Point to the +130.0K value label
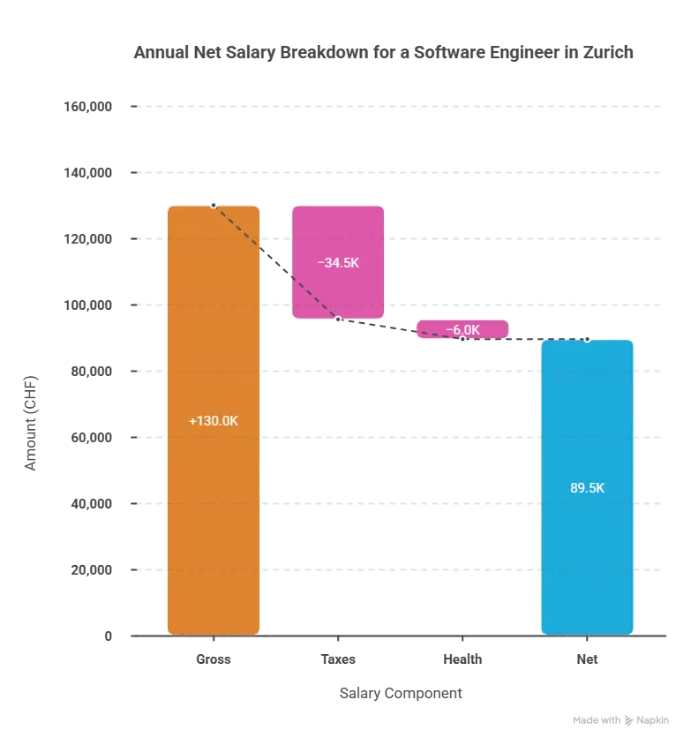coord(214,421)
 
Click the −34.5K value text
coord(338,263)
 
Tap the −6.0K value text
coord(462,330)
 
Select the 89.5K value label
coord(587,487)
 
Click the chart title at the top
coord(380,53)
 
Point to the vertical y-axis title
coord(32,422)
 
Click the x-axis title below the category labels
coord(402,693)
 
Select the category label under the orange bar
coord(213,658)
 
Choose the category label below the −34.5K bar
coord(338,658)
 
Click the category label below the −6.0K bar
coord(462,658)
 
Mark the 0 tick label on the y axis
coord(105,636)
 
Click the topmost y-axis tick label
coord(89,106)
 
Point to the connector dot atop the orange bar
coord(214,205)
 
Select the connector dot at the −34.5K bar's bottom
coord(338,319)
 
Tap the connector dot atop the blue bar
coord(587,339)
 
